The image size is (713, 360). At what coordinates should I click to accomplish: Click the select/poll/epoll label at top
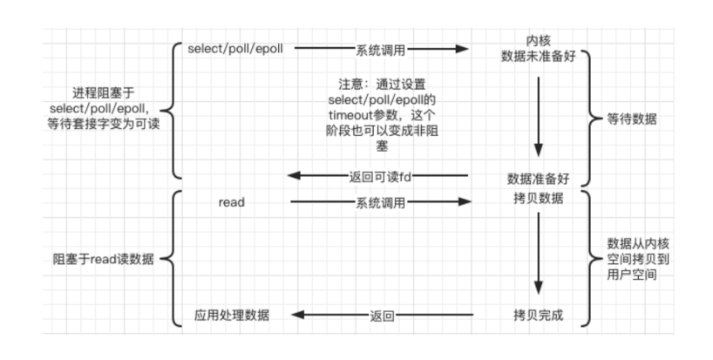tap(234, 48)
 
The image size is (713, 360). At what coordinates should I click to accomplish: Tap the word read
tap(232, 202)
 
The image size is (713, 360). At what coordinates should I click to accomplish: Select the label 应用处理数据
tap(232, 315)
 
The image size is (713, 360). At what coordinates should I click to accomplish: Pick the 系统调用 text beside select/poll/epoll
tap(380, 50)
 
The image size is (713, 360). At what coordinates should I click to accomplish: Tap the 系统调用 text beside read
tap(380, 202)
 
